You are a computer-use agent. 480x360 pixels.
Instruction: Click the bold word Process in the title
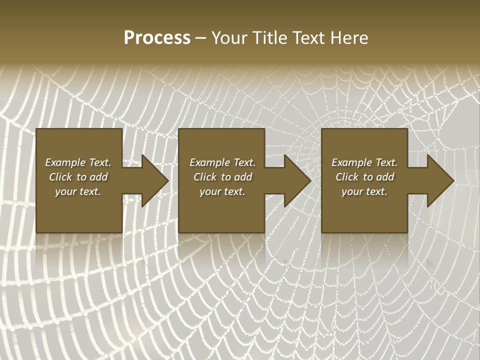157,38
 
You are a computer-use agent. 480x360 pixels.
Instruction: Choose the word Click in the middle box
205,177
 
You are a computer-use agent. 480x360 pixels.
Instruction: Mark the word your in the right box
352,192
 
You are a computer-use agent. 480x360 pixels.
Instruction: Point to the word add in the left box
98,177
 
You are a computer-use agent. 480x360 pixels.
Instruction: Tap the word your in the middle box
210,192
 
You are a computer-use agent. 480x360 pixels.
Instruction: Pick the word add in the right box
385,177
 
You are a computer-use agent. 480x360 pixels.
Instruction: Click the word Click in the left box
60,177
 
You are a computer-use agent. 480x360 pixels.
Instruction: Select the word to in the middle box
226,177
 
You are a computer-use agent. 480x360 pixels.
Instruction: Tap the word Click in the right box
347,177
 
